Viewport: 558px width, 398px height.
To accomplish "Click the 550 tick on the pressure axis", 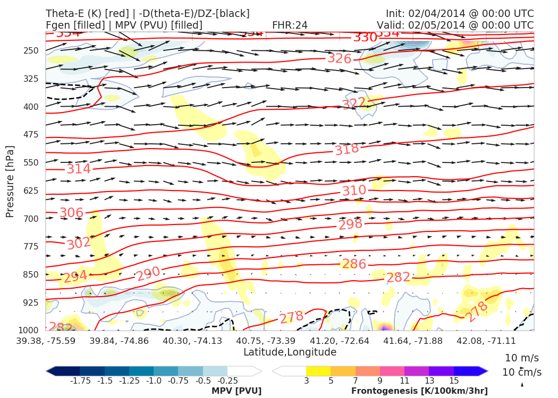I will click(31, 162).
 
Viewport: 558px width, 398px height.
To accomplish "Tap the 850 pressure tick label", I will click(31, 274).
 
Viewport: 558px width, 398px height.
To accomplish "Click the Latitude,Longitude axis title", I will click(290, 352).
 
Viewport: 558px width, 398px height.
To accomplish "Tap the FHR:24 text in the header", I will click(290, 25).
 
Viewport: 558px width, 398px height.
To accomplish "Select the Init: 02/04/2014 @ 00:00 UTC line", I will click(460, 13).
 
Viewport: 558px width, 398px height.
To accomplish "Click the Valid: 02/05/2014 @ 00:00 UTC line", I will click(455, 25).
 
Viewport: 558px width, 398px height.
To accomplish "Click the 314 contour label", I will click(79, 169).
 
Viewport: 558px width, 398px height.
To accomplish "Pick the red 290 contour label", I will click(148, 274).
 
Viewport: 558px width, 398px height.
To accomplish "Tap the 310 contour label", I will click(354, 190).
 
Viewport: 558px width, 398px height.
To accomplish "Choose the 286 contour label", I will click(354, 264).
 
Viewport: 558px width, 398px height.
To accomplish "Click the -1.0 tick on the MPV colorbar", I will click(154, 380).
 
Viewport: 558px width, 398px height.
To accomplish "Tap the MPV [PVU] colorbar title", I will click(236, 391).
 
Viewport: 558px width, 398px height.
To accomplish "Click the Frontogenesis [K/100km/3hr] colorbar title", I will click(419, 391).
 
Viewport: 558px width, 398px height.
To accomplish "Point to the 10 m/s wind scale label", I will click(521, 358).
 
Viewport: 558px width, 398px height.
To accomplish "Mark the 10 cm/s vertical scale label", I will click(521, 372).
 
